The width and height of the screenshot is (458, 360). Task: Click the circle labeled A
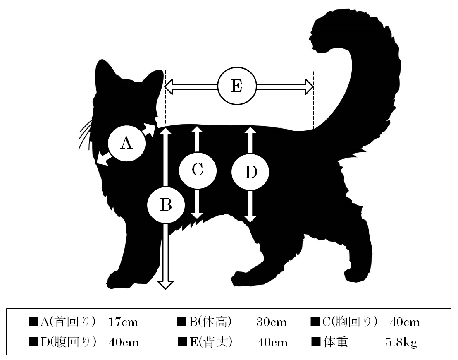click(x=126, y=143)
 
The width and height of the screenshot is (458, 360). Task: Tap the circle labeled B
click(x=166, y=205)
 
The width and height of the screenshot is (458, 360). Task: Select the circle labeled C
click(x=198, y=170)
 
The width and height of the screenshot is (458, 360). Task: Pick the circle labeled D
click(x=250, y=172)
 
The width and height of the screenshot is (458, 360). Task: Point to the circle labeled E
click(x=237, y=86)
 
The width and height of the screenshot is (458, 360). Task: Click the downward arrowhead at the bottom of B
click(x=166, y=285)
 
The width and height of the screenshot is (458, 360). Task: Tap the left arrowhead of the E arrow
click(x=169, y=86)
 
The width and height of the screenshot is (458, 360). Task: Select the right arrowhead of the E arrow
click(x=309, y=86)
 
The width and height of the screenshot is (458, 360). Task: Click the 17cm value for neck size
click(x=123, y=322)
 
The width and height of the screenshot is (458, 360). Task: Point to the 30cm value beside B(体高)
click(x=272, y=322)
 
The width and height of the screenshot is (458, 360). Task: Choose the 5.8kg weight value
click(x=401, y=342)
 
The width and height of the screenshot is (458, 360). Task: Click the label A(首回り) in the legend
click(x=68, y=322)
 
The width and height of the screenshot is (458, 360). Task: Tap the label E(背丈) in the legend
click(x=211, y=342)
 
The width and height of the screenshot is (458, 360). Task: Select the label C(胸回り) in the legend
click(x=350, y=322)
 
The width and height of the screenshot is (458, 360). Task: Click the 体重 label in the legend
click(x=336, y=342)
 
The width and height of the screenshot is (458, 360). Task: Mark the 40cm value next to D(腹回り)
click(x=124, y=342)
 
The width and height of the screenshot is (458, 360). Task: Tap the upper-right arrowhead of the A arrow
click(x=152, y=129)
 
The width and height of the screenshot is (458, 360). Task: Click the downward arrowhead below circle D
click(x=250, y=219)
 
